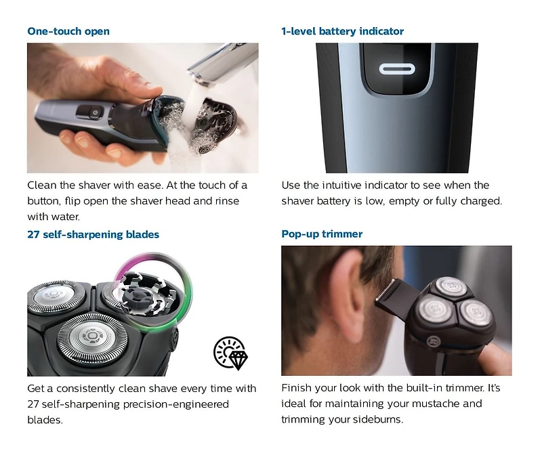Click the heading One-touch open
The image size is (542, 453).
pyautogui.click(x=68, y=31)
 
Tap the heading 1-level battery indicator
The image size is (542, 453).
pyautogui.click(x=342, y=31)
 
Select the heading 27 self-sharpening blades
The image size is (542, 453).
pyautogui.click(x=93, y=234)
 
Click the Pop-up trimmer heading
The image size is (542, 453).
pyautogui.click(x=322, y=234)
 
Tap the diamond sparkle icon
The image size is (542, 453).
pyautogui.click(x=230, y=353)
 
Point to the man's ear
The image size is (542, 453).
pyautogui.click(x=343, y=278)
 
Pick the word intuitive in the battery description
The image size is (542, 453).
pyautogui.click(x=364, y=186)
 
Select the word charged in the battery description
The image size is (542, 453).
pyautogui.click(x=479, y=201)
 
